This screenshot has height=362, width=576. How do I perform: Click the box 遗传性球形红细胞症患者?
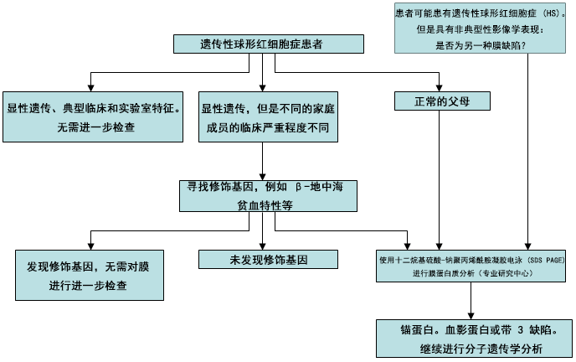[x=261, y=45]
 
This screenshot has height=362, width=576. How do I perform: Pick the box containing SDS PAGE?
[x=471, y=266]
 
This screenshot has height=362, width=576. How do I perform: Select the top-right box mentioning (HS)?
[x=481, y=28]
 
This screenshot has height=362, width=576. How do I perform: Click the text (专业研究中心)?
[x=504, y=273]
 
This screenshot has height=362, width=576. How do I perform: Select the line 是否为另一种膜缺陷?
[x=481, y=44]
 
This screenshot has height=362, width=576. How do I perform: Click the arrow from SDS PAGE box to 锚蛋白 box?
[x=472, y=299]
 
